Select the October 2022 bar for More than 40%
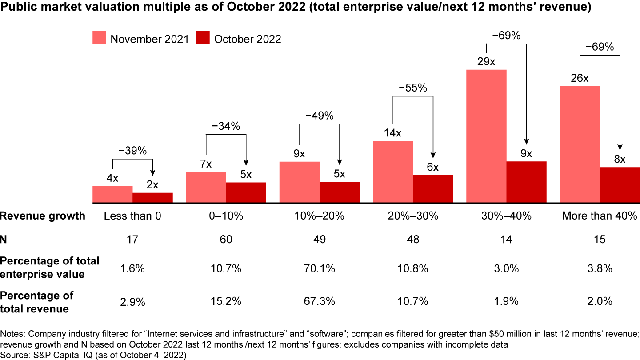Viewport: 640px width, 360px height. click(x=620, y=185)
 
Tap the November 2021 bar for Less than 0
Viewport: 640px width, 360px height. click(x=112, y=195)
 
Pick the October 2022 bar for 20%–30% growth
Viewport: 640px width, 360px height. click(x=433, y=189)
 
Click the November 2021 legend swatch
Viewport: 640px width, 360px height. click(x=100, y=39)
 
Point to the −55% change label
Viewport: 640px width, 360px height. click(x=412, y=88)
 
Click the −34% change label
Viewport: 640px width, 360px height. click(x=225, y=126)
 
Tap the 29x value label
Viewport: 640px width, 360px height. click(x=486, y=62)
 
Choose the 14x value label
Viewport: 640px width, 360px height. click(x=392, y=133)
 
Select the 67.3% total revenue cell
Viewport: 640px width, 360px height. click(x=320, y=302)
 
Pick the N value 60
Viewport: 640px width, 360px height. click(x=226, y=240)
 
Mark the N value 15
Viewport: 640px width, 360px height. click(x=600, y=240)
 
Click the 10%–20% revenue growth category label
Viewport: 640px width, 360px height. click(x=320, y=216)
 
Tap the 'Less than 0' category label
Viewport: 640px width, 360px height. click(x=132, y=216)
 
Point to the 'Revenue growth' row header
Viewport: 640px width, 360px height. click(x=43, y=216)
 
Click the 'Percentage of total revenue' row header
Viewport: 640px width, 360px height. click(x=37, y=302)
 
